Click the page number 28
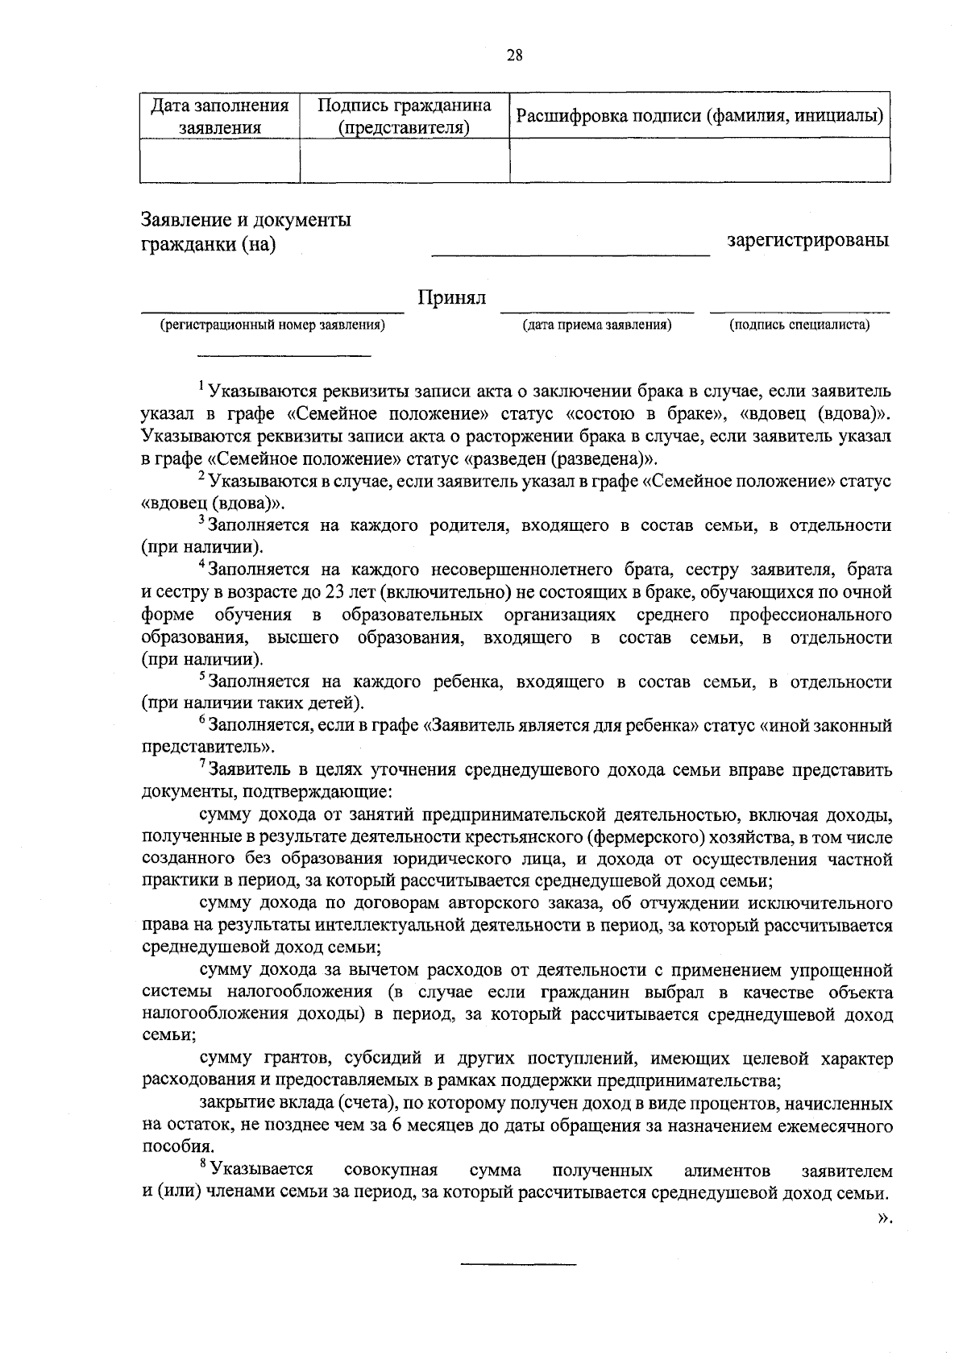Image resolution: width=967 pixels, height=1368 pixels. point(515,56)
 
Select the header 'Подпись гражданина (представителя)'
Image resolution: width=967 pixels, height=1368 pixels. point(405,116)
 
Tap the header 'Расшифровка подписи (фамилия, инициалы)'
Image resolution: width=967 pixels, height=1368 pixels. point(699,116)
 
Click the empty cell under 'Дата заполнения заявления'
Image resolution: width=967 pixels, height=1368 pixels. point(220,160)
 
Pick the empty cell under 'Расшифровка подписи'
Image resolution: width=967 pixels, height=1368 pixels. point(699,160)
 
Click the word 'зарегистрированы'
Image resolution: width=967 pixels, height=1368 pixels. point(808,240)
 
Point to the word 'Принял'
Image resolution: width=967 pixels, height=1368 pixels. point(451,298)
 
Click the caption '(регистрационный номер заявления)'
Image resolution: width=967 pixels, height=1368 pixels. point(272,325)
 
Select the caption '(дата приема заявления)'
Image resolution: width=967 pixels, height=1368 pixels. point(597,325)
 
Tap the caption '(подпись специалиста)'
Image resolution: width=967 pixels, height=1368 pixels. point(799,325)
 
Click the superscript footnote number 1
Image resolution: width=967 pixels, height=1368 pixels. point(201,388)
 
